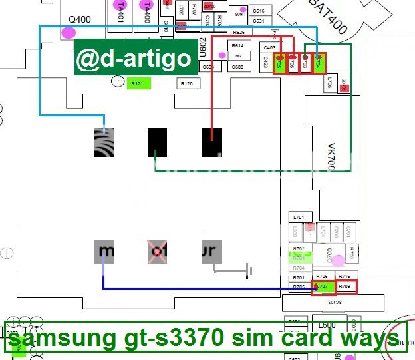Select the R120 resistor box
tap(187, 84)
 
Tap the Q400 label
tap(80, 19)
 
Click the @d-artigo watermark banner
tap(136, 58)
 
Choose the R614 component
tap(237, 46)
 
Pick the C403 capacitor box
tap(269, 48)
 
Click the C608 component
tap(237, 67)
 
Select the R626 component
tap(239, 32)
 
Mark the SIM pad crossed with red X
tap(157, 252)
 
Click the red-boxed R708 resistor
tap(345, 287)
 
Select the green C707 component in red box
tap(322, 287)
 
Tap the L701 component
tap(299, 218)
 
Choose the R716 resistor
tap(345, 276)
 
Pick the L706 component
tap(329, 83)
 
